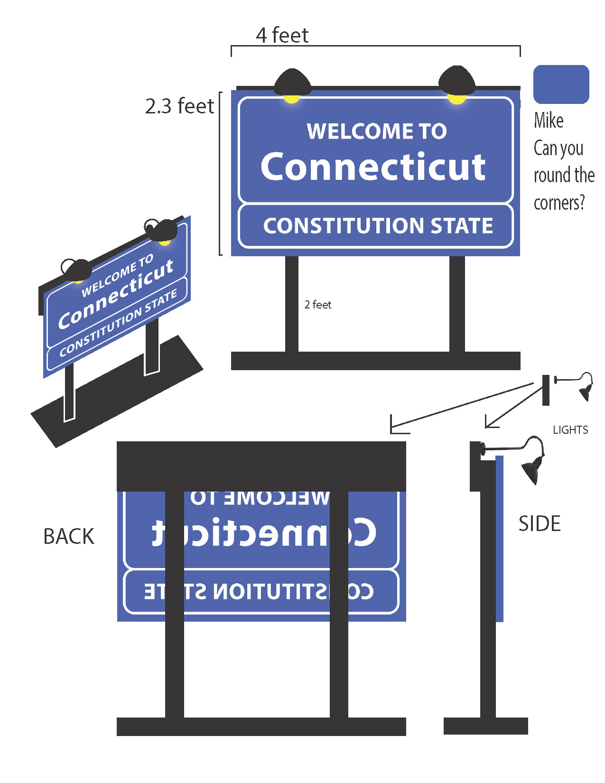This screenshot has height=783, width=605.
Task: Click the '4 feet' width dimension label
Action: [282, 36]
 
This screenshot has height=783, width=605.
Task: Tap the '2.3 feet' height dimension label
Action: [179, 106]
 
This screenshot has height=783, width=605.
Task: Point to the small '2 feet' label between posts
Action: [318, 305]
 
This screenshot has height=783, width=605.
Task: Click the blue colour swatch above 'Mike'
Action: [561, 84]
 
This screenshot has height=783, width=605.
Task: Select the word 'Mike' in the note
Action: [549, 121]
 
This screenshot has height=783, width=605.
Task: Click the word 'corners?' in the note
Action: [559, 203]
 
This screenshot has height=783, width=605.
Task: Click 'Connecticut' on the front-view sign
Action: [373, 167]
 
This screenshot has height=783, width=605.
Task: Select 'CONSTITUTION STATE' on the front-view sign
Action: [378, 226]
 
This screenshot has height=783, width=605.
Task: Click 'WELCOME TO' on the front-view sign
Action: [377, 131]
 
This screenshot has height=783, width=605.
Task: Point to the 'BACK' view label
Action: [69, 537]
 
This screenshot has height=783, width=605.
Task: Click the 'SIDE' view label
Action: [540, 524]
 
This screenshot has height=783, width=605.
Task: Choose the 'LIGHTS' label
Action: [570, 430]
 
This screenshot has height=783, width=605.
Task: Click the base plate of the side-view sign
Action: [485, 726]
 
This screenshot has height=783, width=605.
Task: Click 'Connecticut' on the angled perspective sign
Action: [116, 294]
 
